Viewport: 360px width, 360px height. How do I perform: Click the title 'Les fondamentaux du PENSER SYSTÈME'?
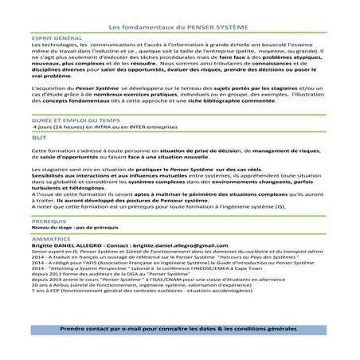pyautogui.click(x=181, y=25)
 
